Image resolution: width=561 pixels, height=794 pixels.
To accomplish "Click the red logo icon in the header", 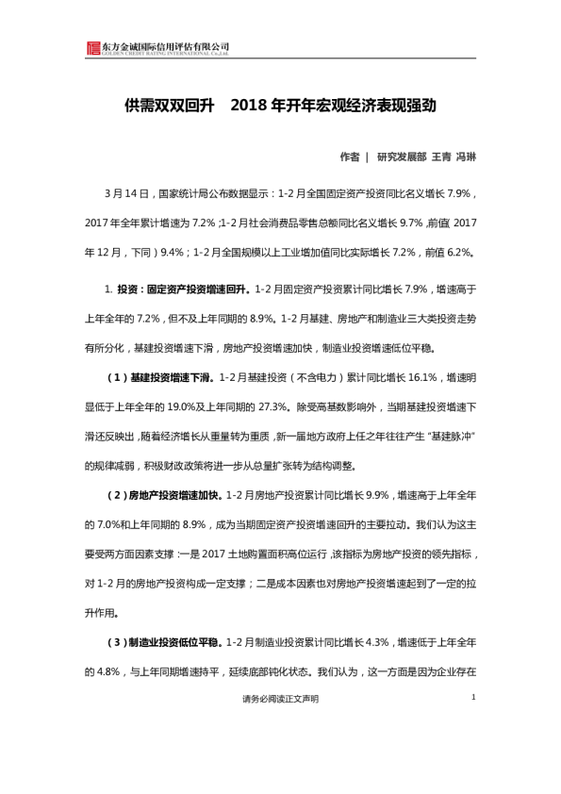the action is coord(92,49).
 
